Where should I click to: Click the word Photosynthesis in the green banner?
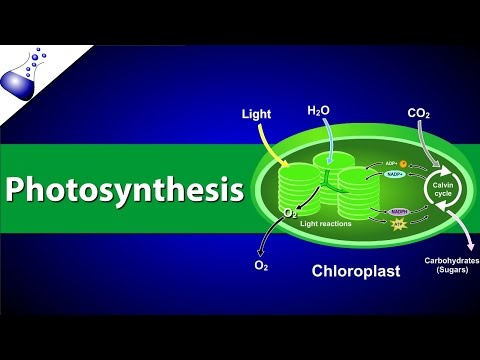[124, 188]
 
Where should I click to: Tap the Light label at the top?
[256, 115]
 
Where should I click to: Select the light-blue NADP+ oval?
[397, 177]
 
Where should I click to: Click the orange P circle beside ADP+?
[403, 163]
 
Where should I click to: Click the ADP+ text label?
[390, 164]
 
